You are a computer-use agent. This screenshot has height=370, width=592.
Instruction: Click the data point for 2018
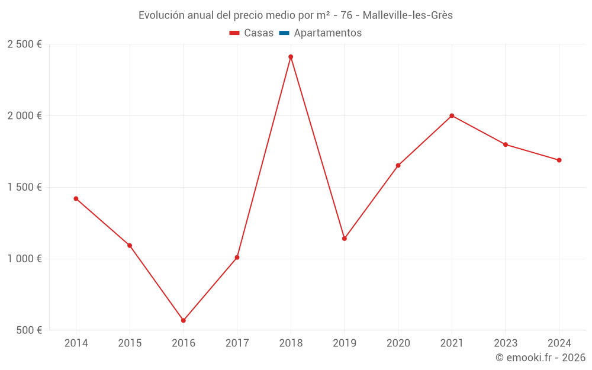click(x=291, y=57)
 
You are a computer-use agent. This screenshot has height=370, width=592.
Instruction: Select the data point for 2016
click(x=184, y=320)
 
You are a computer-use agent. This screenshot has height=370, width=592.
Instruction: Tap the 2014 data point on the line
click(x=76, y=198)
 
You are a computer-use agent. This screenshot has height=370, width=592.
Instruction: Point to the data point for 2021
click(x=452, y=115)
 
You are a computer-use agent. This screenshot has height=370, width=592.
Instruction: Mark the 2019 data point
click(x=345, y=239)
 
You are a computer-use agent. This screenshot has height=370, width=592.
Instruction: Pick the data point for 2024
click(x=559, y=160)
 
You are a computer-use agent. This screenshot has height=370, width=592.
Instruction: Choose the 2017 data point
click(x=237, y=258)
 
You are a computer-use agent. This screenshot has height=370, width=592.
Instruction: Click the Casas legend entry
click(x=252, y=33)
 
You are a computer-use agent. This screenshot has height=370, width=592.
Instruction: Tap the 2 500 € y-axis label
click(x=24, y=44)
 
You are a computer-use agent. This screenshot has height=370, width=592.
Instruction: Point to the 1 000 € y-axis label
click(x=24, y=259)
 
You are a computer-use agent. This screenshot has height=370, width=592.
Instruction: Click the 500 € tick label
click(x=28, y=330)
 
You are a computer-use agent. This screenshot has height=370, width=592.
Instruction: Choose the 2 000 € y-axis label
click(x=24, y=116)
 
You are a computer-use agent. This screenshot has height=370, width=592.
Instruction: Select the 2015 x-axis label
click(x=130, y=343)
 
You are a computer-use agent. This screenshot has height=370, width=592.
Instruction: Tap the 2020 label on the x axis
click(x=398, y=343)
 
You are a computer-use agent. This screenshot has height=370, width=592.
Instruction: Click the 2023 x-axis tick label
click(x=505, y=343)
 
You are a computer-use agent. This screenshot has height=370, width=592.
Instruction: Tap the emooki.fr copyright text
click(x=540, y=358)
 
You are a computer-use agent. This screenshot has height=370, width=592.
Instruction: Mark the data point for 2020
click(x=398, y=165)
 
